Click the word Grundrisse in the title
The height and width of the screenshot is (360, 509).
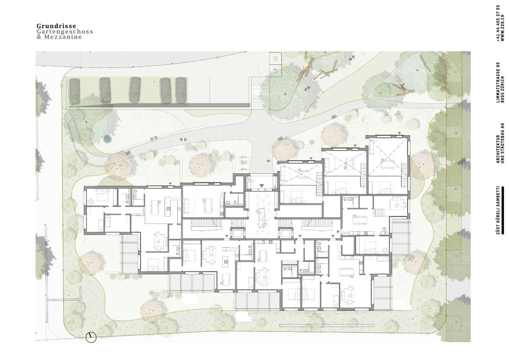[56, 26]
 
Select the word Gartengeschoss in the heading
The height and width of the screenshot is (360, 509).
[65, 31]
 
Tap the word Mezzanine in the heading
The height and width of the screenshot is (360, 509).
[63, 37]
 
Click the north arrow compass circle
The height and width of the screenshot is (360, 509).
[91, 337]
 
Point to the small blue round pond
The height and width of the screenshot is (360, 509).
[106, 139]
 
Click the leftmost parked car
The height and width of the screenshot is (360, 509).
[74, 92]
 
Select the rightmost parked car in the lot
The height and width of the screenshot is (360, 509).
[181, 90]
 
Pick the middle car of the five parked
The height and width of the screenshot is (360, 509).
[135, 90]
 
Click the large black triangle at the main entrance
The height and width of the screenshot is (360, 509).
[262, 186]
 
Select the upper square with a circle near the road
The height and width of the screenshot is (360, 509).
[275, 59]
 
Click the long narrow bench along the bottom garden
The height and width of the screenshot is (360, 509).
[327, 326]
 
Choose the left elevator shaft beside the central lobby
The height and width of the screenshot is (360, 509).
[238, 233]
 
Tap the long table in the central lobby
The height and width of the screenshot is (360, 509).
[262, 218]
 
